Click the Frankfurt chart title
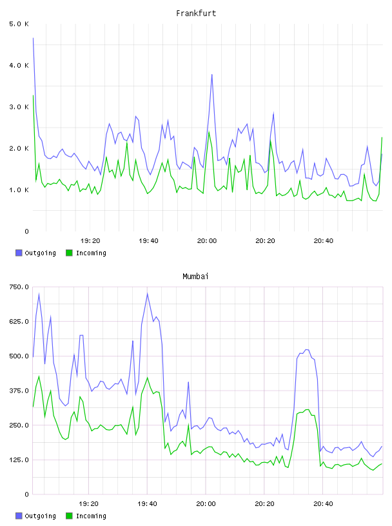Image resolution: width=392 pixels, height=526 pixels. coord(196,14)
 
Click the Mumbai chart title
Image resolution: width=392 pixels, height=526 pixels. coord(195,277)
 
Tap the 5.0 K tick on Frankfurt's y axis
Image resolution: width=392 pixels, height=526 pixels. coord(19,24)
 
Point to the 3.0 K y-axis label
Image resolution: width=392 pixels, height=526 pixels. coord(19,107)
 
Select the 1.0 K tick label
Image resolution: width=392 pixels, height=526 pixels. coord(19,190)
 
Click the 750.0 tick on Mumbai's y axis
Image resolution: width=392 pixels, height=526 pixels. coord(19,287)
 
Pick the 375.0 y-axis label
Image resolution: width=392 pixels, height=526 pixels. coord(19,391)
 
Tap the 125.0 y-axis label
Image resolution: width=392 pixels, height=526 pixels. coord(19,460)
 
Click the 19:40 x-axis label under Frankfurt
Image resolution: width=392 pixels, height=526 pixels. coord(148,241)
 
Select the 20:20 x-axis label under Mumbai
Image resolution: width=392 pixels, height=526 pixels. coord(264,504)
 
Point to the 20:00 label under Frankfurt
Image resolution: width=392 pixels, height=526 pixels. coord(207,241)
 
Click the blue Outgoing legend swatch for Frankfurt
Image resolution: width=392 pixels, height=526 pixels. coord(19,253)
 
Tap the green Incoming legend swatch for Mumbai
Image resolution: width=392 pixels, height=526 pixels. coord(69,516)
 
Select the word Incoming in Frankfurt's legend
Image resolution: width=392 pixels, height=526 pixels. coord(91,253)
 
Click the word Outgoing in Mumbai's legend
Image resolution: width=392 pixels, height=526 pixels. coord(40,516)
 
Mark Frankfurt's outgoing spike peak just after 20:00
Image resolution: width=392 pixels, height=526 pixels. coord(211,75)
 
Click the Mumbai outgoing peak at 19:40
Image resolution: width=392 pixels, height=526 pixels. coord(148,293)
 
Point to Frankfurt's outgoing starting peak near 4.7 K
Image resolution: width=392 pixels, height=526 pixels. coord(33,38)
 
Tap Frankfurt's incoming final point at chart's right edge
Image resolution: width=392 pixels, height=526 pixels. coord(382,137)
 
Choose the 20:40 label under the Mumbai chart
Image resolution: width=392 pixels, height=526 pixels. coord(323,504)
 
